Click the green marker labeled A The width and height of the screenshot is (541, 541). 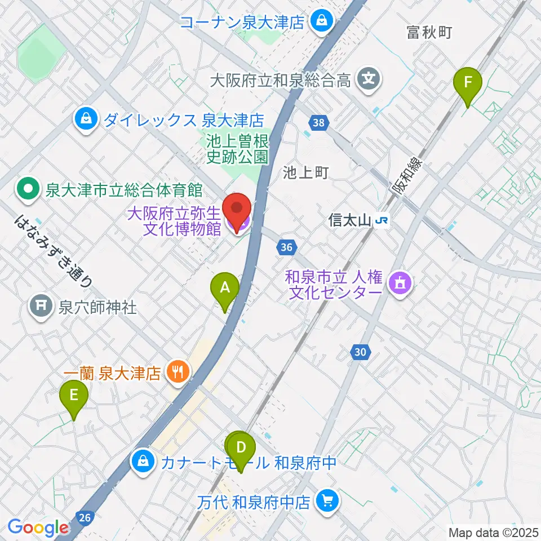(225, 289)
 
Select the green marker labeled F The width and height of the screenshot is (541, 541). (468, 83)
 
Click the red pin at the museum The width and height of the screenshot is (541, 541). (237, 210)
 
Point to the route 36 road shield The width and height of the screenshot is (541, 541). (286, 246)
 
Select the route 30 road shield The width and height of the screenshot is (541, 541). (361, 353)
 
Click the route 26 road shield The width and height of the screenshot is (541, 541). (85, 517)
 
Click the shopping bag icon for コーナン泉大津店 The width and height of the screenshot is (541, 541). (321, 22)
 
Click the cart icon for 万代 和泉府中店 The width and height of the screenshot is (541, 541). (327, 499)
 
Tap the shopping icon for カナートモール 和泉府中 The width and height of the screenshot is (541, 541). (143, 462)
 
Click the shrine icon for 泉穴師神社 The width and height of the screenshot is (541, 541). (41, 307)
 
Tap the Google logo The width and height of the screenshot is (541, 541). (38, 528)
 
